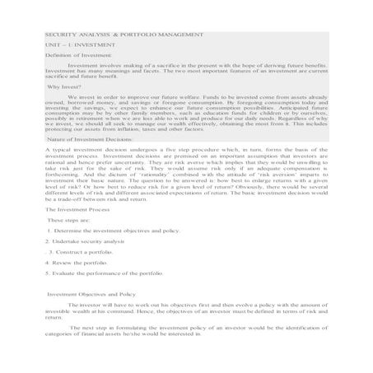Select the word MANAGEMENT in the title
[176, 37]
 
